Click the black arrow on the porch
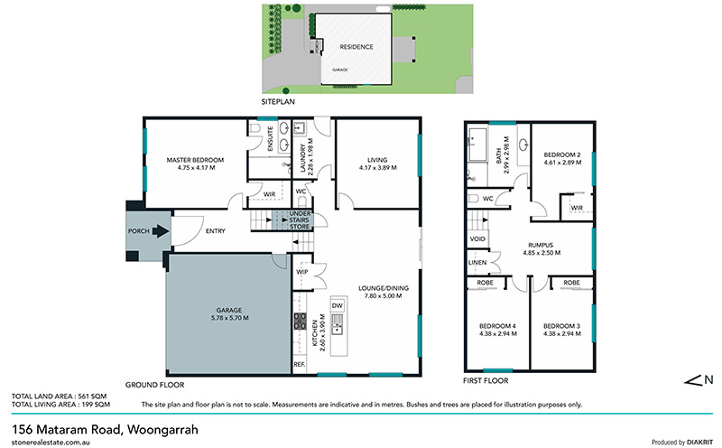tap(161, 230)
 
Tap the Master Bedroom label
tap(195, 160)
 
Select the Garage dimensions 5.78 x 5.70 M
tap(229, 318)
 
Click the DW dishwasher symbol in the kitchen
tap(338, 305)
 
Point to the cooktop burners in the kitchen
tap(300, 321)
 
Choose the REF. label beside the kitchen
tap(300, 365)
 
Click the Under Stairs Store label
tap(300, 219)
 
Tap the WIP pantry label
tap(302, 272)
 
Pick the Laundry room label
tap(302, 159)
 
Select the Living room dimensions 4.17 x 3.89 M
tap(377, 168)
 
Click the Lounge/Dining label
tap(384, 288)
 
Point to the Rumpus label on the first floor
tap(541, 245)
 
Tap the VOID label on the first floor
tap(477, 238)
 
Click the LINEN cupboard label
tap(477, 262)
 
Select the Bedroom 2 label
tap(562, 154)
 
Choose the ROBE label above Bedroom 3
tap(571, 283)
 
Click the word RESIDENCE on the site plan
tap(356, 47)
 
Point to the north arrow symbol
tap(699, 380)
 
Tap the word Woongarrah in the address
tap(162, 430)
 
